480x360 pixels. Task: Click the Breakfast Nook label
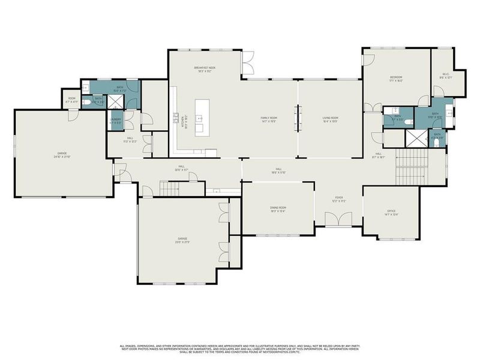(205, 68)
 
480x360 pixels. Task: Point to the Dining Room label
(277, 208)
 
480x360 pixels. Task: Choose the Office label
(391, 211)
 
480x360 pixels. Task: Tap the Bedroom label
(396, 77)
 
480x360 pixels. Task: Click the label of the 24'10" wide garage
(62, 154)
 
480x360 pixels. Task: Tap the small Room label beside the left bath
(71, 100)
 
